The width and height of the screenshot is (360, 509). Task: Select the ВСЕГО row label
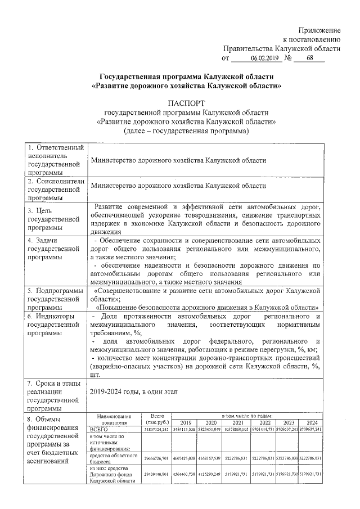point(99,429)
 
